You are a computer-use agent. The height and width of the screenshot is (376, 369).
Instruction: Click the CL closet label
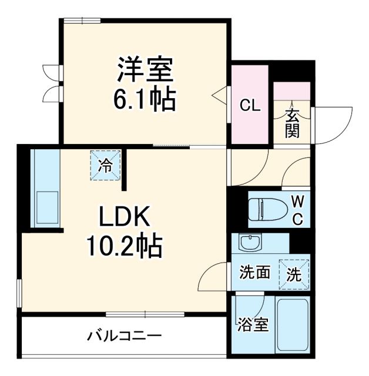pyautogui.click(x=249, y=106)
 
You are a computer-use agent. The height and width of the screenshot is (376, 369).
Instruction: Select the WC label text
pyautogui.click(x=298, y=210)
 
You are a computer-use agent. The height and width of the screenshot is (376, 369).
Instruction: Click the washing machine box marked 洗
pyautogui.click(x=294, y=273)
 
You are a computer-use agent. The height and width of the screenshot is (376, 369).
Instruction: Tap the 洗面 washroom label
pyautogui.click(x=254, y=273)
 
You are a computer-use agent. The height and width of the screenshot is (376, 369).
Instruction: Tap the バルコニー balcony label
pyautogui.click(x=125, y=337)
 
